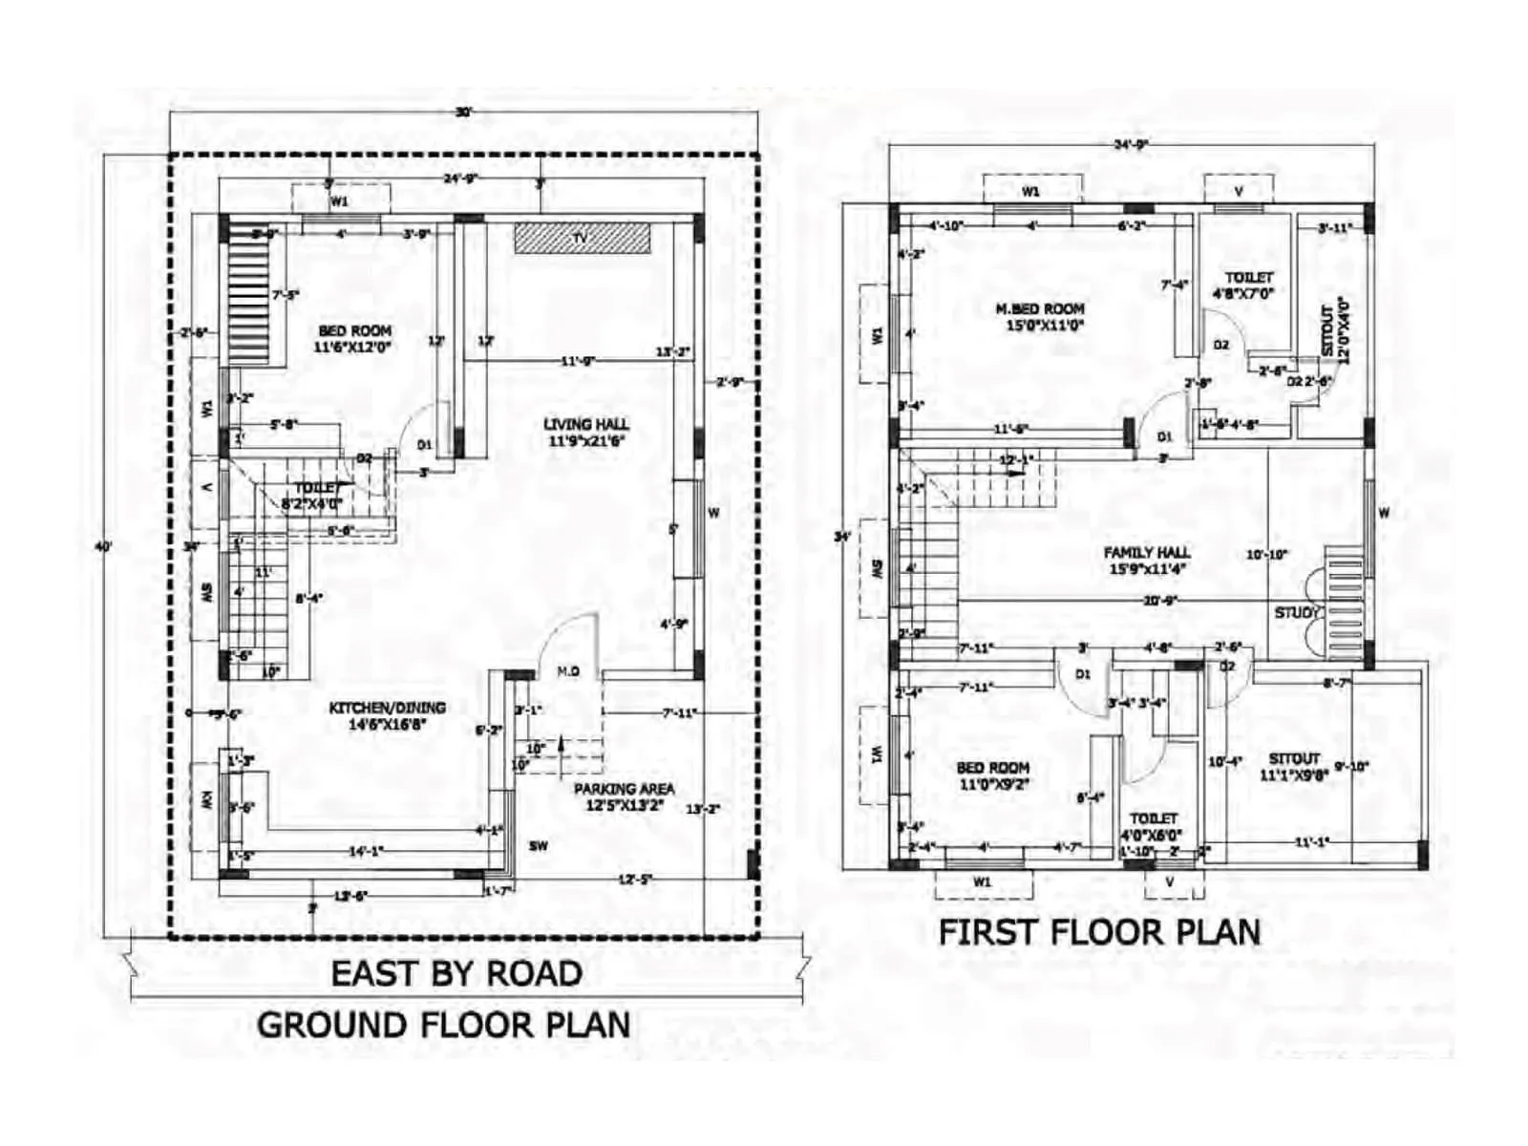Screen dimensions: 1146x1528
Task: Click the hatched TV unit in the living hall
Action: click(x=582, y=238)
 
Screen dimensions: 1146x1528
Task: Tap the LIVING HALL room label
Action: click(x=586, y=433)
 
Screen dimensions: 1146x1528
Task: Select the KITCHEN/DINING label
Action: click(x=387, y=716)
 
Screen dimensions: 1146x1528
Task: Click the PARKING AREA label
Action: click(x=624, y=797)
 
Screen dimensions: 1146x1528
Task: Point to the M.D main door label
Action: click(x=568, y=672)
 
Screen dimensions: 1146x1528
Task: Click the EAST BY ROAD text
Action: click(x=456, y=973)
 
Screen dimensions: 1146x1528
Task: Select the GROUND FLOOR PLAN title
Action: click(x=444, y=1025)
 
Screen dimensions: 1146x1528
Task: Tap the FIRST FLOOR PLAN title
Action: click(x=1099, y=932)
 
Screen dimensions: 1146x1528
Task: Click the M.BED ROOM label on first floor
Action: click(x=1040, y=316)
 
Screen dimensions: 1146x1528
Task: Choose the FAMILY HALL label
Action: click(x=1147, y=561)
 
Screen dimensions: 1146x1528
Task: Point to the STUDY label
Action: click(x=1296, y=612)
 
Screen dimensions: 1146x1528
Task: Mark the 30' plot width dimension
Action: click(x=463, y=113)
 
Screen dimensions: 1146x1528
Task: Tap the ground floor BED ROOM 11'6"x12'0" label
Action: click(x=354, y=339)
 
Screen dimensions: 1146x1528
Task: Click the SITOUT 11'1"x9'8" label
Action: click(x=1294, y=767)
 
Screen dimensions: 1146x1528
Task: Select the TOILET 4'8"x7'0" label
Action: click(x=1248, y=286)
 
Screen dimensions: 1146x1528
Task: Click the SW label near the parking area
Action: click(x=539, y=845)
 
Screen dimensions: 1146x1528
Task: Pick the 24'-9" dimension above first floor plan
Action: click(x=1131, y=145)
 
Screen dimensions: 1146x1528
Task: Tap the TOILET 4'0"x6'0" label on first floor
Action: click(x=1153, y=826)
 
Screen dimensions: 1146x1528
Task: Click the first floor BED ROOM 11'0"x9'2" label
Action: click(x=993, y=775)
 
